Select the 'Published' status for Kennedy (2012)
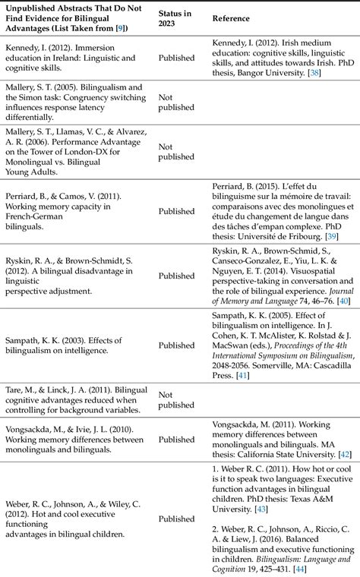click(x=176, y=58)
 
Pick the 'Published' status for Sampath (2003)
click(x=176, y=345)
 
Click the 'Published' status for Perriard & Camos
click(x=176, y=212)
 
